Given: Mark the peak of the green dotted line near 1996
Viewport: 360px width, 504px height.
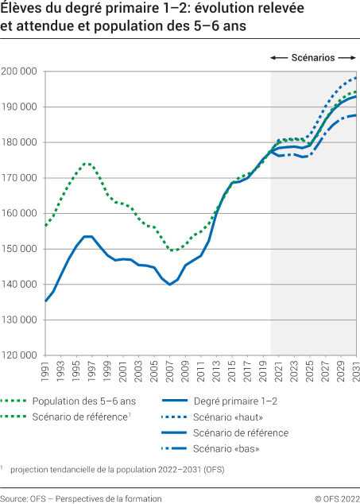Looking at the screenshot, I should [85, 164].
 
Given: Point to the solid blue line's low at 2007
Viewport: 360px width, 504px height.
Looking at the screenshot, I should [169, 284].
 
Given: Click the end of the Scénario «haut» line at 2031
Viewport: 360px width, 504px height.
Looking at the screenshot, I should [355, 78].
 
